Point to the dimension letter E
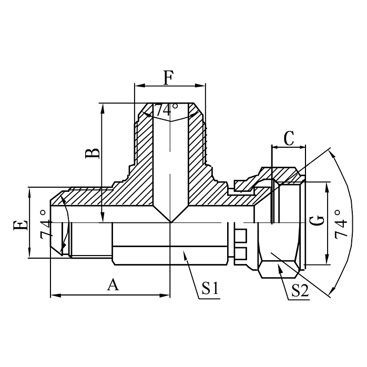pyautogui.click(x=21, y=225)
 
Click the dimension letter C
pyautogui.click(x=288, y=138)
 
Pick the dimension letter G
pyautogui.click(x=317, y=223)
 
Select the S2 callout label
pyautogui.click(x=299, y=291)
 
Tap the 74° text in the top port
pyautogui.click(x=166, y=110)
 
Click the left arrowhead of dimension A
pyautogui.click(x=53, y=296)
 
